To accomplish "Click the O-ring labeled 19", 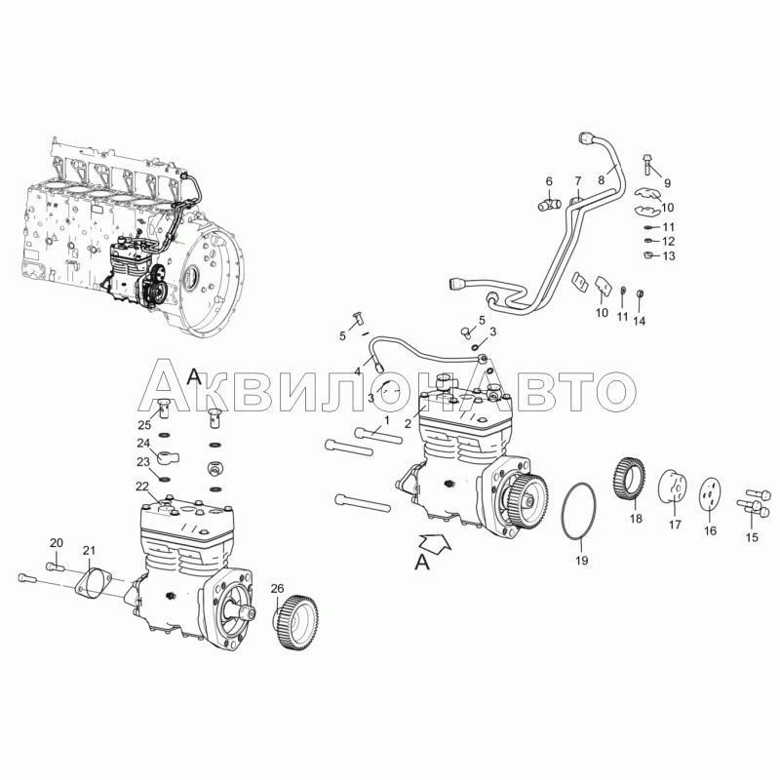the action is [x=563, y=510].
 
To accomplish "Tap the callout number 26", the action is [x=277, y=589].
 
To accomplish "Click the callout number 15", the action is [x=752, y=537].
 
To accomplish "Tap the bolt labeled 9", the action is [x=647, y=164].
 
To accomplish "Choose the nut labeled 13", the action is [x=647, y=255].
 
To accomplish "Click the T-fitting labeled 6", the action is [x=550, y=204].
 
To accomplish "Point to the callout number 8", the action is [x=601, y=179].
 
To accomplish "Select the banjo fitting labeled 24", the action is [x=165, y=456].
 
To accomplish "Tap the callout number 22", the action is [x=142, y=486].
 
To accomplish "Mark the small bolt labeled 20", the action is [x=56, y=566].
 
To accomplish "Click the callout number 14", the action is [x=640, y=321].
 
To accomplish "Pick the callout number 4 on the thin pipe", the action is [x=357, y=371].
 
